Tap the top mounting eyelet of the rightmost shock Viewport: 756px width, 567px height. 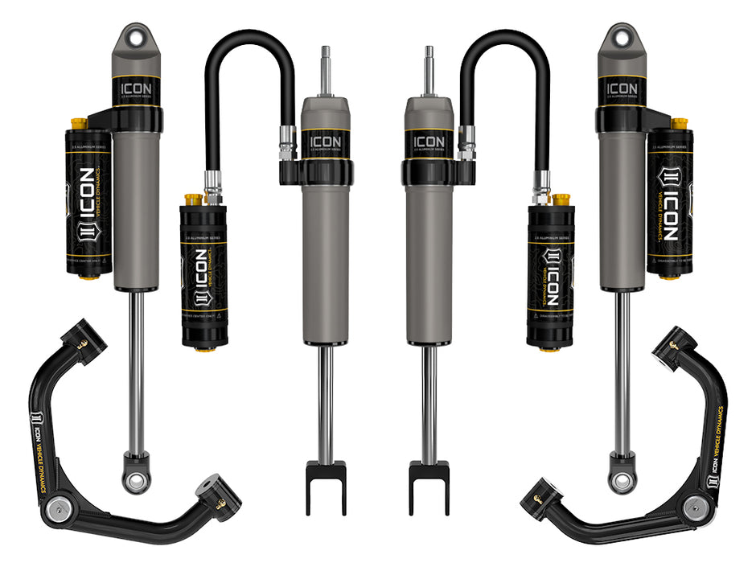click(x=620, y=38)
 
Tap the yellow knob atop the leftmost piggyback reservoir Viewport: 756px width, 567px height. click(x=79, y=124)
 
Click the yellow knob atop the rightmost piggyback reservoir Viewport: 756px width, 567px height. click(x=680, y=124)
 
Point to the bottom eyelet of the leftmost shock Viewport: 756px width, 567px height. click(x=136, y=480)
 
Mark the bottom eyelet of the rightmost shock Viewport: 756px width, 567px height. click(x=622, y=480)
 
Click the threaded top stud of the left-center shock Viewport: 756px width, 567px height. click(x=325, y=68)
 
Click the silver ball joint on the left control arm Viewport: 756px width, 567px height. click(x=56, y=507)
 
